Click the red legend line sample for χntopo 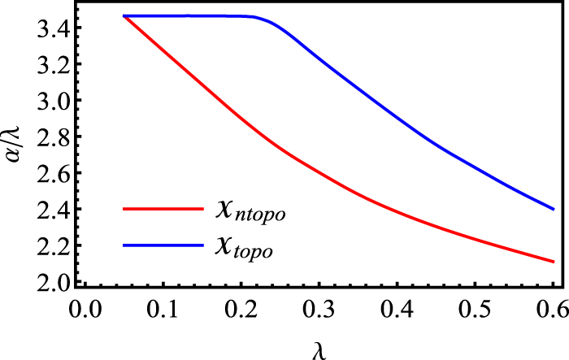pyautogui.click(x=162, y=209)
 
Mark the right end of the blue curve pyautogui.click(x=554, y=209)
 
